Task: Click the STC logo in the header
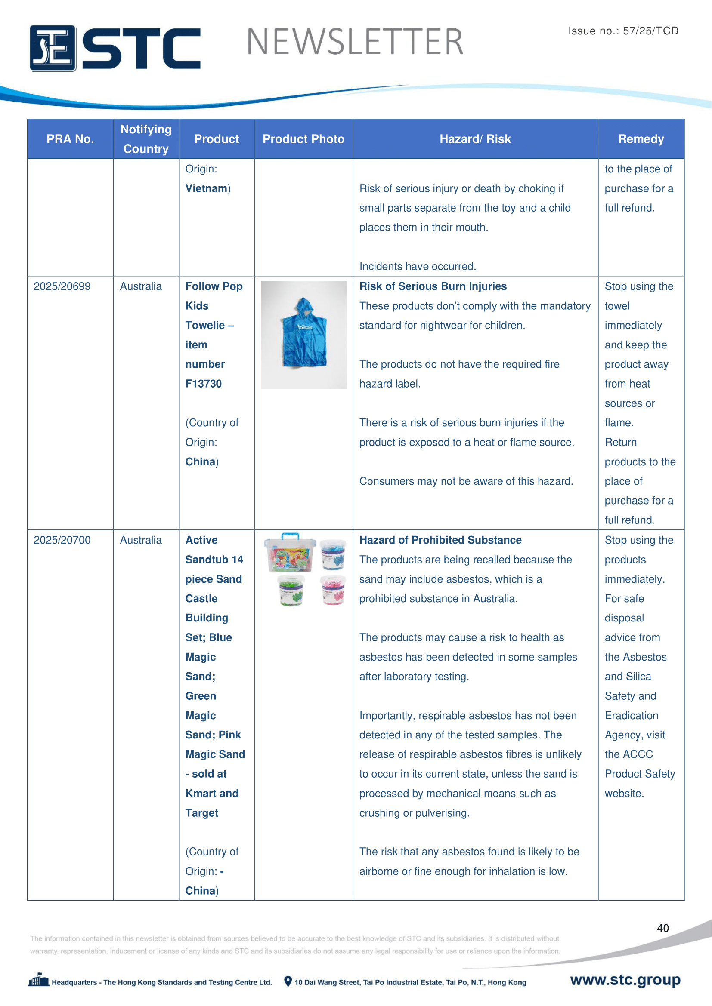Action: tap(115, 48)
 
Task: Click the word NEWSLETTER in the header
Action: tap(355, 42)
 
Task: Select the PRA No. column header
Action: tap(70, 139)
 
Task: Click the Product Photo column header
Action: tap(303, 139)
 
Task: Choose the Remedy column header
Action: tap(641, 139)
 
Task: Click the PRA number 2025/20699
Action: tap(62, 286)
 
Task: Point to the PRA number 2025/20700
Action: tap(62, 540)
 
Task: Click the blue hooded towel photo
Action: tap(304, 334)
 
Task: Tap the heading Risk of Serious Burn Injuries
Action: tap(433, 286)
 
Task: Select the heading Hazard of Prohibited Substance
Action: tap(440, 540)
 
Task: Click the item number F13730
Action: tap(204, 383)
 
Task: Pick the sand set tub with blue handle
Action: tap(290, 553)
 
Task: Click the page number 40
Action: tap(662, 928)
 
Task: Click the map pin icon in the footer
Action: tap(288, 981)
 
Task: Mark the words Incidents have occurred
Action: tap(418, 266)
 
